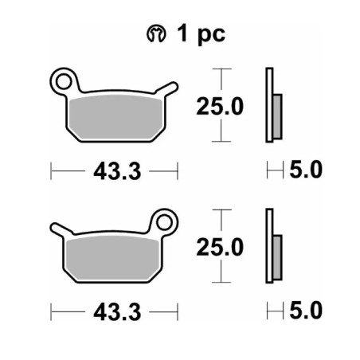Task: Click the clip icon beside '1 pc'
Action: click(x=156, y=34)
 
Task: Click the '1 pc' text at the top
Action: click(x=202, y=34)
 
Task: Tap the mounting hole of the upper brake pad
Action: click(x=64, y=81)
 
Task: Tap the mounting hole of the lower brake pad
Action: click(x=164, y=222)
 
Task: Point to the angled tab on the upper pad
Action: click(x=166, y=89)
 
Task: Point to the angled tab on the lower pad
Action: click(x=61, y=229)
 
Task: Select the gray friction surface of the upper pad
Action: click(x=115, y=117)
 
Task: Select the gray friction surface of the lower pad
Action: click(x=112, y=258)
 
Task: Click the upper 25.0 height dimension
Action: click(x=220, y=106)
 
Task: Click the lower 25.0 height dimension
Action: click(x=220, y=247)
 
